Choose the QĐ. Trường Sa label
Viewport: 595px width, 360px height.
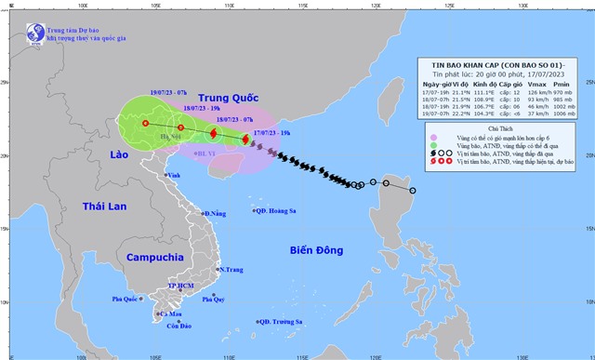point(280,322)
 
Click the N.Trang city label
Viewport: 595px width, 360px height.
point(231,270)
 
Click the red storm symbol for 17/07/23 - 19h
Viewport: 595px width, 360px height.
point(245,140)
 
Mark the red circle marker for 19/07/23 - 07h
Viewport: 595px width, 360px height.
point(145,123)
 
